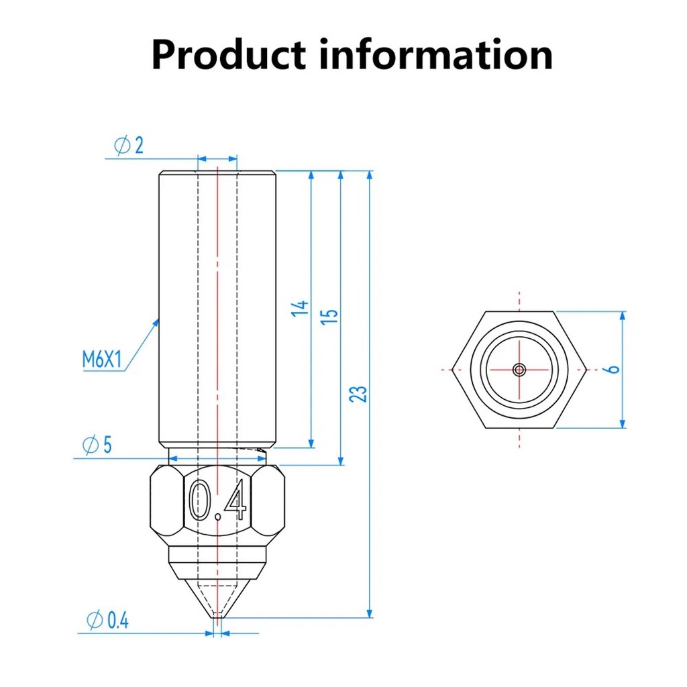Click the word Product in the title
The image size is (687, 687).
(x=228, y=55)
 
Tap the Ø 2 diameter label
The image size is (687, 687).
(x=129, y=145)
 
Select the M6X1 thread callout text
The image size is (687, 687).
(x=102, y=360)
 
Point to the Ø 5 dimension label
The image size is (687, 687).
(x=97, y=445)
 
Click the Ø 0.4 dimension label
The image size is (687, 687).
(x=107, y=620)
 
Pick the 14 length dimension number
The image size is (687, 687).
(x=300, y=309)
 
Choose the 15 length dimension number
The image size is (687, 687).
(x=329, y=317)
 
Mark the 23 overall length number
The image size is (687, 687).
(x=358, y=394)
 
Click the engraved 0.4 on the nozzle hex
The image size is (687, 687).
(x=218, y=500)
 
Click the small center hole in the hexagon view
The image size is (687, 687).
(x=519, y=370)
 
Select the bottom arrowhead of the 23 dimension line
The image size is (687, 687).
(x=370, y=613)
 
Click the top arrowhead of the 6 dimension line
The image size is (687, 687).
(x=623, y=317)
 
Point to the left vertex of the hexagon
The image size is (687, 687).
(x=452, y=370)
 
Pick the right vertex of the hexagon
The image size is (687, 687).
(x=586, y=370)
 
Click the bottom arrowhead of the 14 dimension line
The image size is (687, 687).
(x=311, y=443)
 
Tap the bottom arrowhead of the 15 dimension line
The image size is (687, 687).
(x=341, y=460)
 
